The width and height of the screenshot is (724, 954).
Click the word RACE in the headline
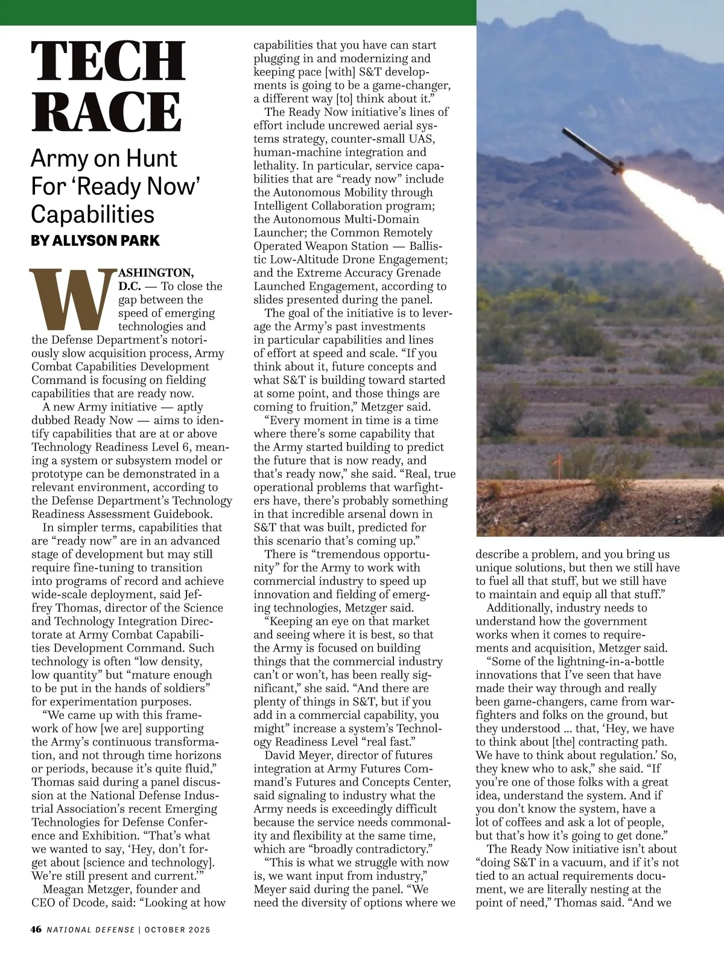pyautogui.click(x=106, y=111)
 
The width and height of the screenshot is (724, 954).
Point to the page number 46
pyautogui.click(x=36, y=929)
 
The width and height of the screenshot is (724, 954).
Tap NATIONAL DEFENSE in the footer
pyautogui.click(x=91, y=930)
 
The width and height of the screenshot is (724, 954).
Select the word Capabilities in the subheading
pyautogui.click(x=93, y=214)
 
